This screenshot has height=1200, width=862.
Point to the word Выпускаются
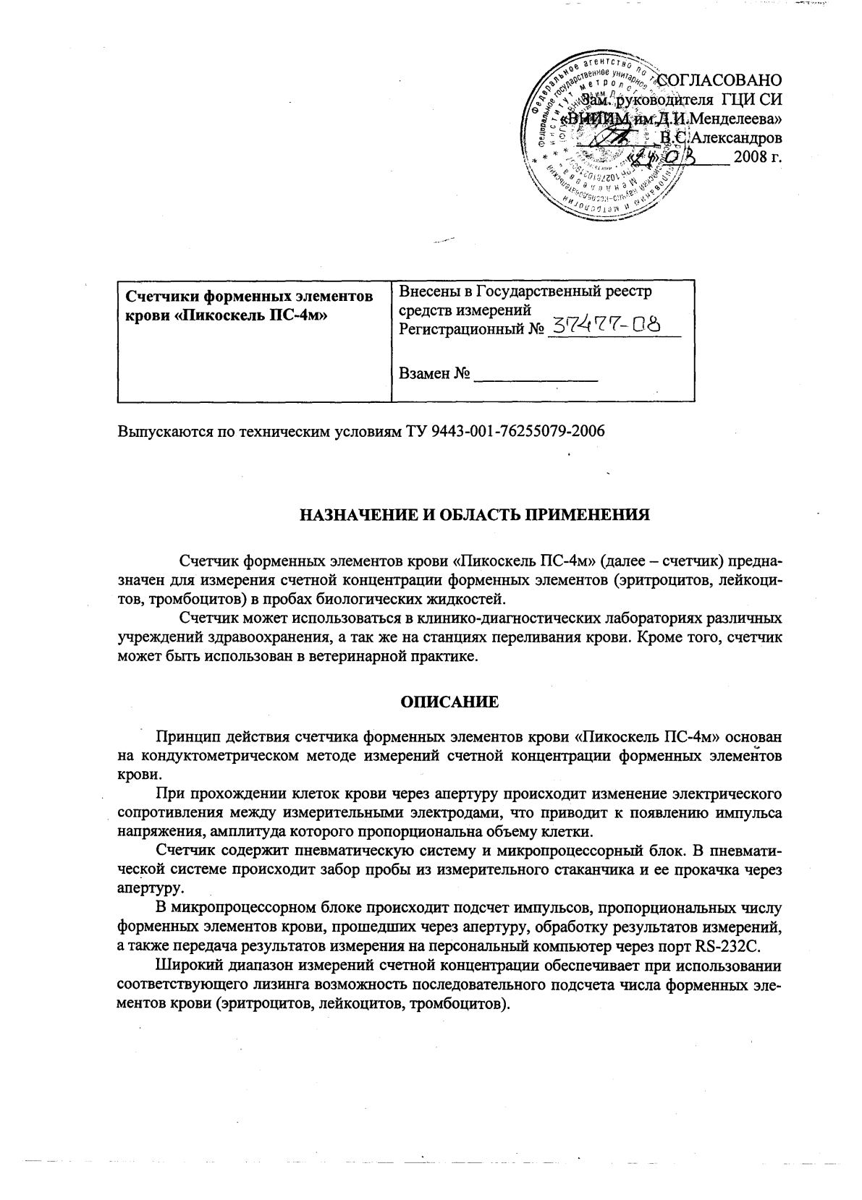(x=159, y=431)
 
